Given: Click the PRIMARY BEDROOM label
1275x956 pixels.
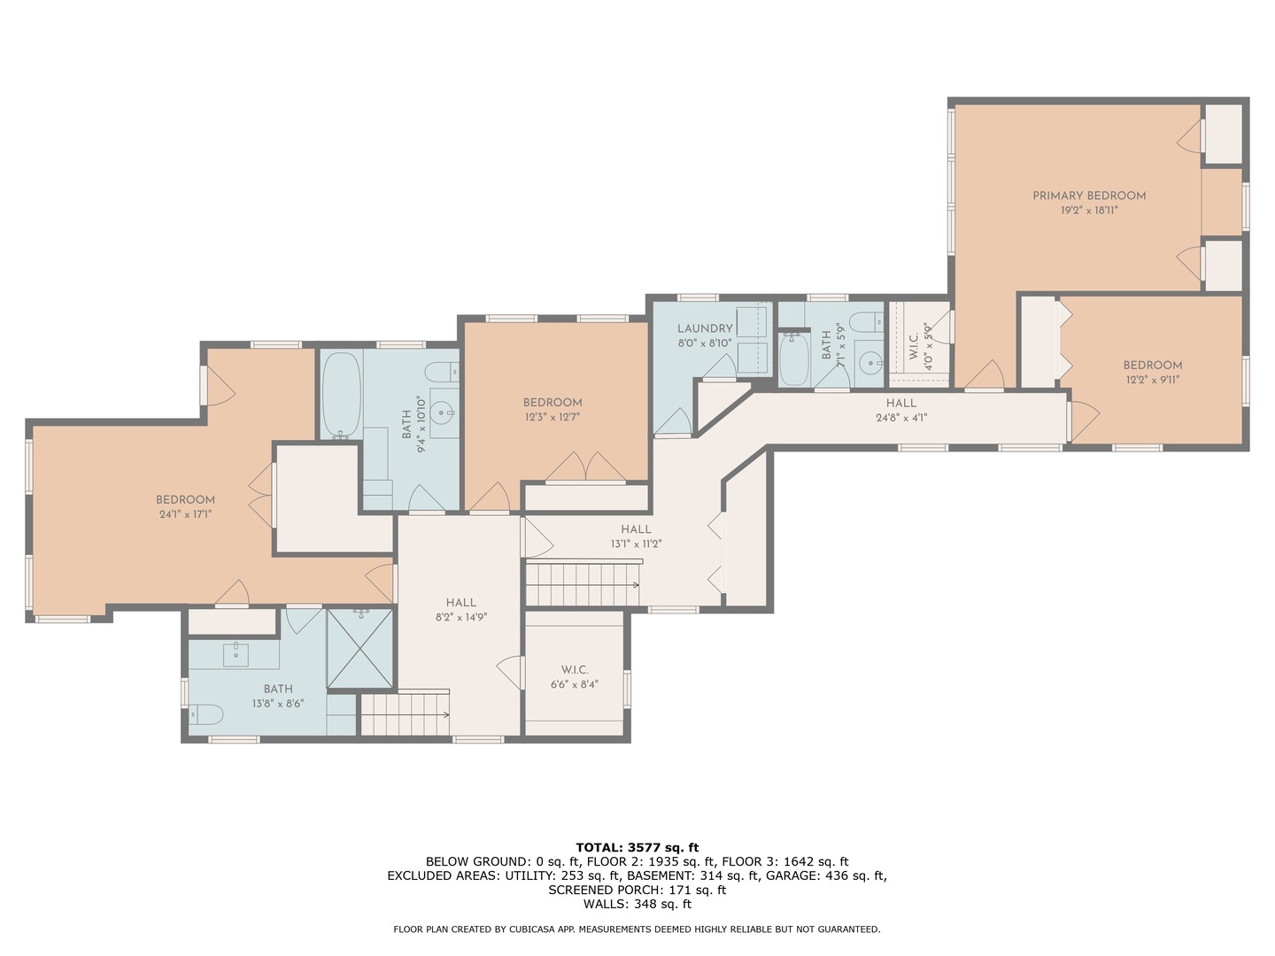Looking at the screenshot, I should click(x=1089, y=196).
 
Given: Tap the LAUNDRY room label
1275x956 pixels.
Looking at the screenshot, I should click(x=705, y=328).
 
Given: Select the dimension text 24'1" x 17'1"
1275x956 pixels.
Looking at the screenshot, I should click(x=185, y=513).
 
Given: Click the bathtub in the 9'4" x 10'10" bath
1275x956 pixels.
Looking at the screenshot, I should click(x=341, y=396).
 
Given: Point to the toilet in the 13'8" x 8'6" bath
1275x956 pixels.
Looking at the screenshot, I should click(x=205, y=713).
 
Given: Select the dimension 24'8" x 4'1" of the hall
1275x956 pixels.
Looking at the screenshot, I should click(x=901, y=418).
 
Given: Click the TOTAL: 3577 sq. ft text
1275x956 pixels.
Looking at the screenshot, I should click(x=637, y=847).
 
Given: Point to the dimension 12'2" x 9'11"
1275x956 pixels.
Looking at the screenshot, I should click(x=1153, y=380).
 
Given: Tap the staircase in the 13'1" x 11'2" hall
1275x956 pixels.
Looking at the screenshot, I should click(x=582, y=584).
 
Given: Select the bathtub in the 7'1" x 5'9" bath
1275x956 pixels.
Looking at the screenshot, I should click(x=793, y=359).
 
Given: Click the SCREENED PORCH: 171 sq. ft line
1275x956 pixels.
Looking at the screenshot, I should click(x=637, y=890).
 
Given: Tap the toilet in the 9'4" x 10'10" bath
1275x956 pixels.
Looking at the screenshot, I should click(x=440, y=372).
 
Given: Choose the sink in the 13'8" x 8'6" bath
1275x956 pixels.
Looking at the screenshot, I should click(x=236, y=657).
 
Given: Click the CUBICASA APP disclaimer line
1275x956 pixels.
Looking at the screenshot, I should click(x=637, y=929).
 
